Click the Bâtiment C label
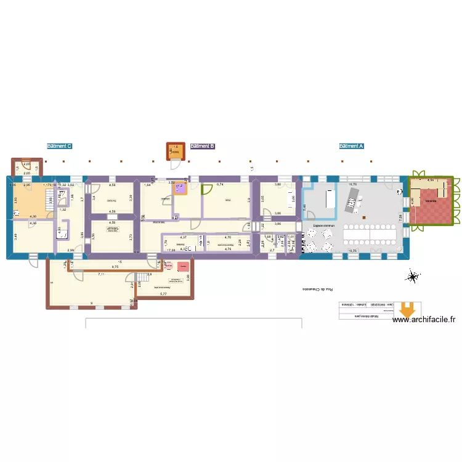click(x=60, y=147)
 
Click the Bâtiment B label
click(x=203, y=147)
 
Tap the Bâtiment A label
click(x=352, y=147)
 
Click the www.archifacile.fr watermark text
click(x=425, y=319)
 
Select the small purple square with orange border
click(x=180, y=188)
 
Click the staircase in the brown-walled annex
click(x=142, y=278)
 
